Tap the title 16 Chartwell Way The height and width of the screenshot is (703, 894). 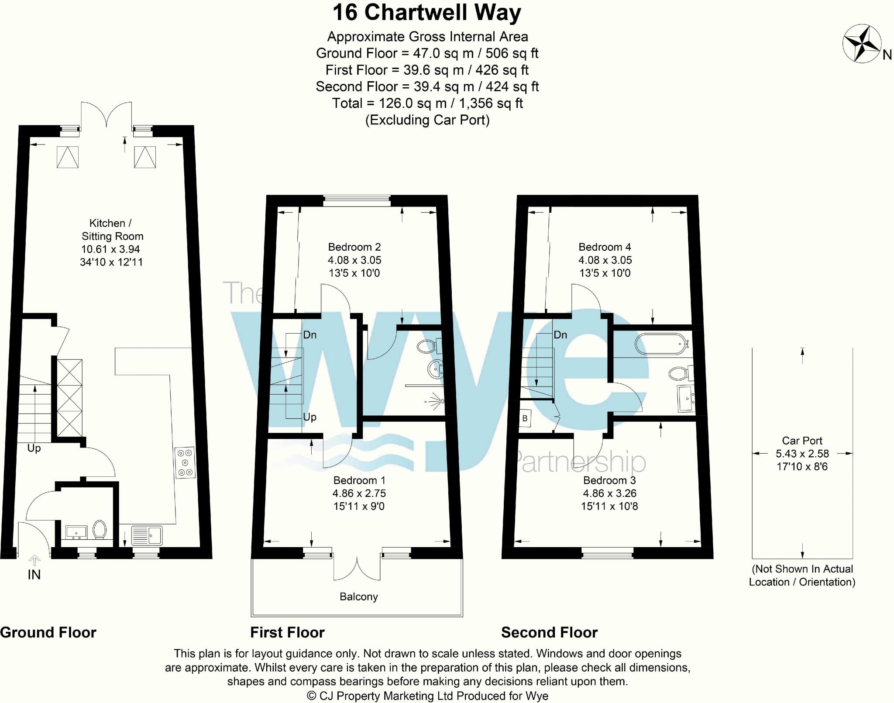426,13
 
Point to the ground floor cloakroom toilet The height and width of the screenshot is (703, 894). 100,529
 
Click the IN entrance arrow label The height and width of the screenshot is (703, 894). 34,575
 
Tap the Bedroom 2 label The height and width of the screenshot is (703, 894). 354,247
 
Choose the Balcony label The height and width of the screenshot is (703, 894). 358,596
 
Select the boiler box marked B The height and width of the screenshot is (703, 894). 525,418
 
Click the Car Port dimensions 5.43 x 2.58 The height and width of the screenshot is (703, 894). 802,454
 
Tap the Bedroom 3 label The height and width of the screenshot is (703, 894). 609,480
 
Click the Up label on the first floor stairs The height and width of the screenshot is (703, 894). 309,417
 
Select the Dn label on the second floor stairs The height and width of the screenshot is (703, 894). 560,335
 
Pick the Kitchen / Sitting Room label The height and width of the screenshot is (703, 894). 112,230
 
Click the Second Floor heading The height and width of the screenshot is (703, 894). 549,632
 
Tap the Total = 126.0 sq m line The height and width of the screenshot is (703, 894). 427,103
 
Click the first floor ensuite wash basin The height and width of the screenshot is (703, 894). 435,369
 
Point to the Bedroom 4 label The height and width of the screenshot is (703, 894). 605,247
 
